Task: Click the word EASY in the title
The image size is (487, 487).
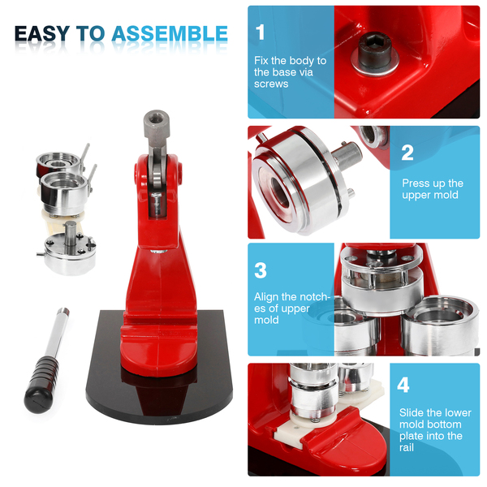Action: pos(42,33)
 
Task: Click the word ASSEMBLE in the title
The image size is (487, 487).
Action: pos(170,33)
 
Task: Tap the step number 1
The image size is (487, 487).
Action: pos(261,32)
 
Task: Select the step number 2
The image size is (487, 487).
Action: pos(407,153)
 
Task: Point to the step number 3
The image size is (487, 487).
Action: pos(261,270)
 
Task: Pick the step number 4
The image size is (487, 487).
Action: pos(403,385)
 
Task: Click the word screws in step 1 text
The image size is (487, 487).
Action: pos(271,84)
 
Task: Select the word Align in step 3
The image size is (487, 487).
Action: pos(266,297)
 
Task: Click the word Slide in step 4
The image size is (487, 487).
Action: pos(412,412)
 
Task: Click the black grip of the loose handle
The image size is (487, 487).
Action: pos(41,384)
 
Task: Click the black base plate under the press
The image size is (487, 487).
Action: pos(159,388)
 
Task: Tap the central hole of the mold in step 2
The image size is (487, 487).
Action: pos(279,192)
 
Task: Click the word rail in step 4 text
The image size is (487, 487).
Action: pos(407,447)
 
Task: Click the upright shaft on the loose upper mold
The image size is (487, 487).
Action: pos(70,233)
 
